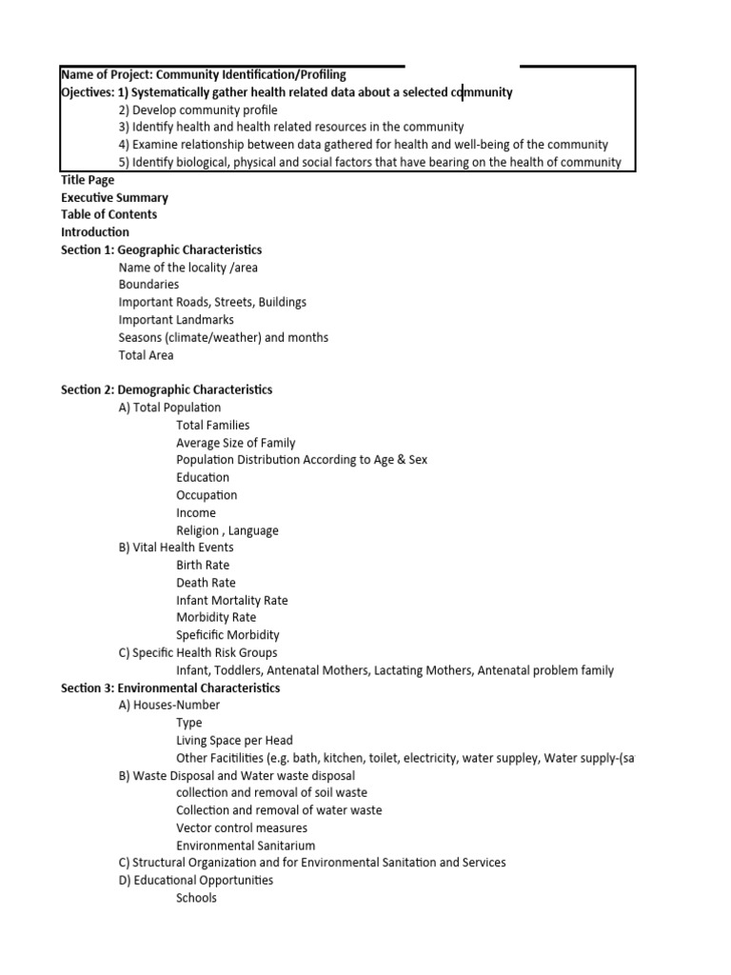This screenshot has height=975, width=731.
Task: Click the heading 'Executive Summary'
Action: pos(114,197)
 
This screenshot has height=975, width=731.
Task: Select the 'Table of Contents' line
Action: pos(109,214)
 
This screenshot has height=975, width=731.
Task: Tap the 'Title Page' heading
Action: pos(88,180)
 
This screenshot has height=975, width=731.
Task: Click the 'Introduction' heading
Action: pos(95,231)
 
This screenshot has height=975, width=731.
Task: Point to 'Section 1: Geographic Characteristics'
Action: pos(161,249)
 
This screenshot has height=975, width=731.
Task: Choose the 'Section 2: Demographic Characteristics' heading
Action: pos(167,389)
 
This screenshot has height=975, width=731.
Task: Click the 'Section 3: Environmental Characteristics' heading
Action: pos(170,687)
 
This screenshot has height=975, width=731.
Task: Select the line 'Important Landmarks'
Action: pos(176,320)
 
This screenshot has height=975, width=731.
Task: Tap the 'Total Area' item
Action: pos(146,355)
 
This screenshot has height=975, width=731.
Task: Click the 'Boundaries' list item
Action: pos(148,285)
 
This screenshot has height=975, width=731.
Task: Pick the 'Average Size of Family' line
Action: pos(235,443)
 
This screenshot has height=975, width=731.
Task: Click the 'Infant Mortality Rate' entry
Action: pos(231,600)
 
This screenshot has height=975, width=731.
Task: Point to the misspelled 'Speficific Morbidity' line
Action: pos(227,635)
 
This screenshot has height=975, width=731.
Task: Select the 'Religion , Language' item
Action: pos(227,530)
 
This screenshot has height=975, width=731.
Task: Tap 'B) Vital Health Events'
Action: pos(176,547)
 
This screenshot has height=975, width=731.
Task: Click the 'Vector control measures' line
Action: pos(242,827)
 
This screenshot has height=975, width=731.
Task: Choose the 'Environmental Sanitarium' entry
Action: pos(246,846)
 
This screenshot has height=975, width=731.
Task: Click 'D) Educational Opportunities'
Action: pos(195,880)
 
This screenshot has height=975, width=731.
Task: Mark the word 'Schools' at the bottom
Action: pos(196,898)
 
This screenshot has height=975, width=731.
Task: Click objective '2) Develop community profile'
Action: pos(198,109)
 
